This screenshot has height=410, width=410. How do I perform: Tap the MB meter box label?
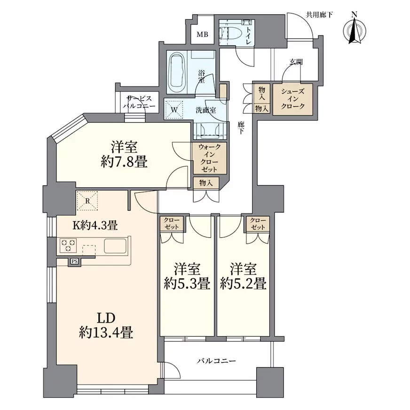point(202,34)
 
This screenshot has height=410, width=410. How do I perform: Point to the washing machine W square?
point(174,110)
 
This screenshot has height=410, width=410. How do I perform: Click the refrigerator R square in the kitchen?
point(87,201)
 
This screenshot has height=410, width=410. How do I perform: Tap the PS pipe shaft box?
point(74,261)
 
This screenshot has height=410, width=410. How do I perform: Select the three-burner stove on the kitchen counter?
point(68,245)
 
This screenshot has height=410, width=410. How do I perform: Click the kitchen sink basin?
point(115,246)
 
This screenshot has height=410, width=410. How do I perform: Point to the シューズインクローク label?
point(292,99)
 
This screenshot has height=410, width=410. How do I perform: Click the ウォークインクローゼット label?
point(210,158)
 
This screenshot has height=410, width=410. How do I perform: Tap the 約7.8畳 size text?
point(124,162)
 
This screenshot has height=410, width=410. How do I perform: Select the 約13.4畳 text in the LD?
point(106,333)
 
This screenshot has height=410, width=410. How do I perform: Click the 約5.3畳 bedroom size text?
point(187,284)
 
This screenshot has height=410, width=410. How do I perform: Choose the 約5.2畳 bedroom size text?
point(243,284)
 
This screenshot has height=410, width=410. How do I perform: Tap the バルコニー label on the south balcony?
point(216,361)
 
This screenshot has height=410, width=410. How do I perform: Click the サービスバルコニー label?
point(139,102)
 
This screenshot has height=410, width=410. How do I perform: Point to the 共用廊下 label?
point(319,15)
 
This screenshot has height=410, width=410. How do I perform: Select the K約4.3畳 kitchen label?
point(95,225)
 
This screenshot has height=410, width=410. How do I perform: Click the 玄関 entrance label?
point(296,62)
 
